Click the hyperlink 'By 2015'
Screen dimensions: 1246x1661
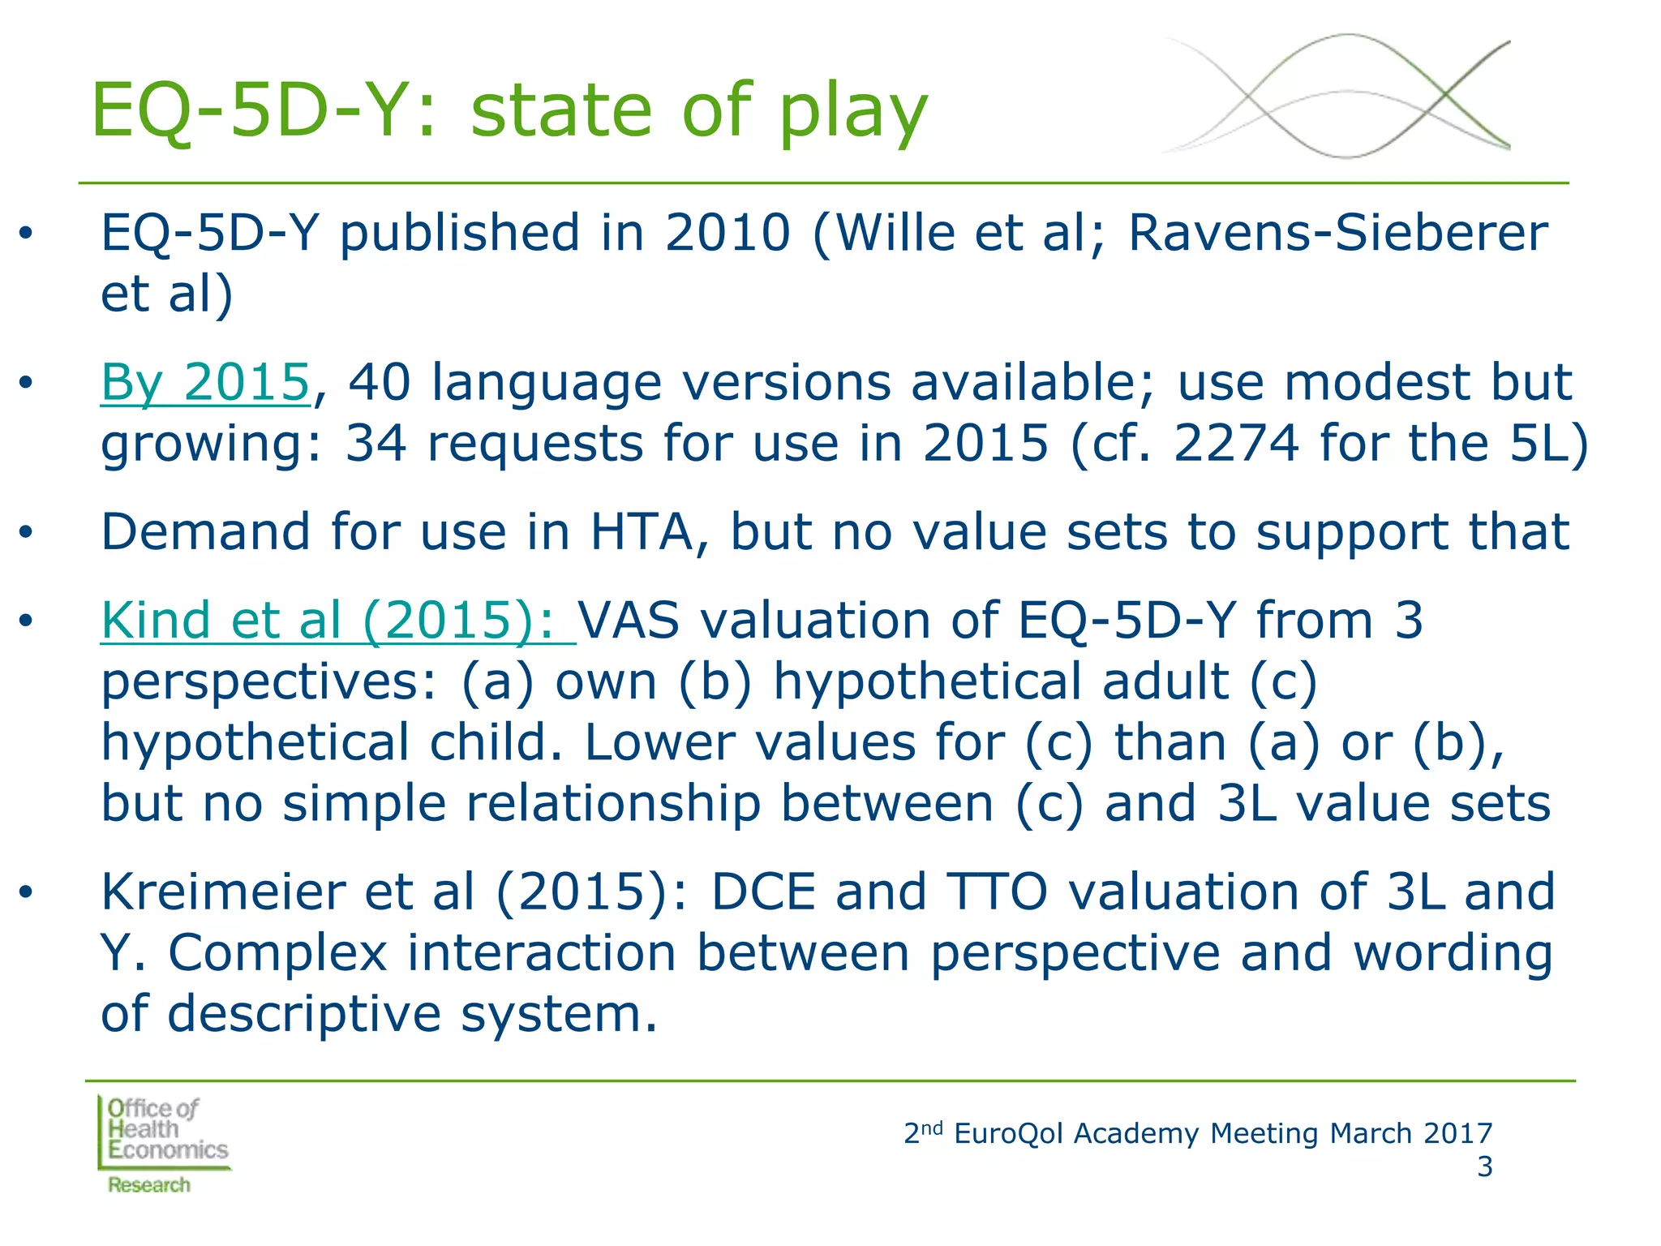205,382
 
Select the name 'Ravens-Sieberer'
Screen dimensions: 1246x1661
1337,233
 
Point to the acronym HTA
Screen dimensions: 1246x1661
642,532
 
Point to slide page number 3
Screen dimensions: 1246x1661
1483,1167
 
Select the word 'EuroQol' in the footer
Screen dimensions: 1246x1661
1008,1133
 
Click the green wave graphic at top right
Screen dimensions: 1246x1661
1337,97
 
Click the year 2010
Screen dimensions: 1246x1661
727,233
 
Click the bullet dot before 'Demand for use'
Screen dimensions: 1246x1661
27,533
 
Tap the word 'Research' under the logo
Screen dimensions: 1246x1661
149,1185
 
